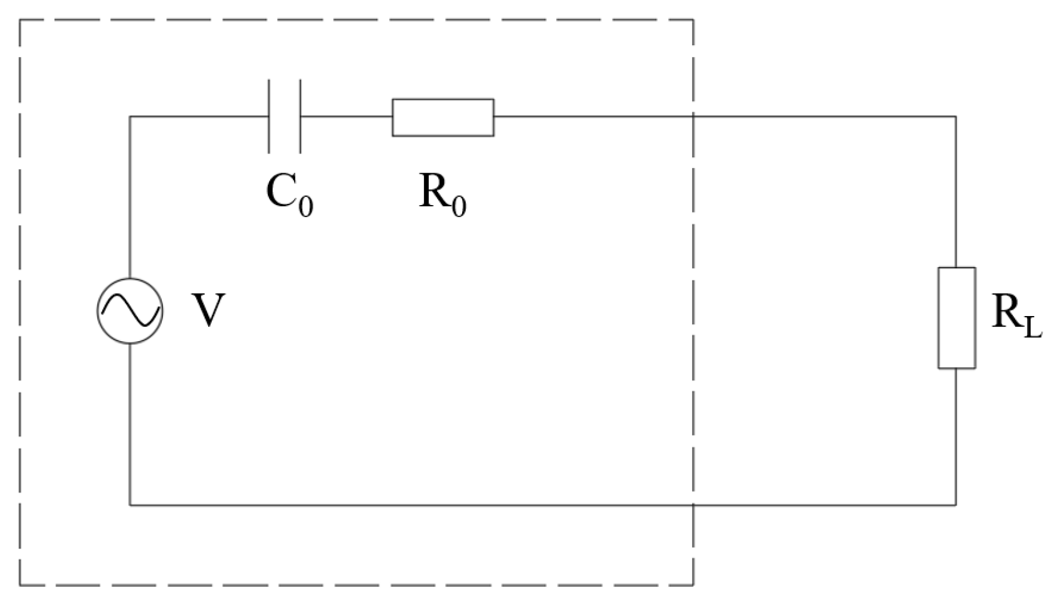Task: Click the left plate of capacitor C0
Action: (x=269, y=117)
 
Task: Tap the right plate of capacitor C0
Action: (x=300, y=117)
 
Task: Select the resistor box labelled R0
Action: (x=443, y=117)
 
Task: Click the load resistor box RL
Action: (x=956, y=317)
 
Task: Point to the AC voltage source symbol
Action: (x=130, y=311)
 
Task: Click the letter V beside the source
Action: (x=208, y=311)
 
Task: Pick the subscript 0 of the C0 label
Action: (x=305, y=206)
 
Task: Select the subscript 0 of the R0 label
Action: (x=459, y=206)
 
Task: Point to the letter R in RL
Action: (x=1005, y=311)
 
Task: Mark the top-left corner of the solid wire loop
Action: (x=130, y=117)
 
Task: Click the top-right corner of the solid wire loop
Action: (x=956, y=117)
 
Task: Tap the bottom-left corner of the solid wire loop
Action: (x=130, y=505)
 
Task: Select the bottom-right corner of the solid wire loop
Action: (x=956, y=505)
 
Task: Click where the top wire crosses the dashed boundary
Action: (x=693, y=117)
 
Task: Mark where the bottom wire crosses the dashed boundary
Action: (x=693, y=505)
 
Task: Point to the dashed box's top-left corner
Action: (x=20, y=20)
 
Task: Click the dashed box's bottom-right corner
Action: (x=693, y=586)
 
